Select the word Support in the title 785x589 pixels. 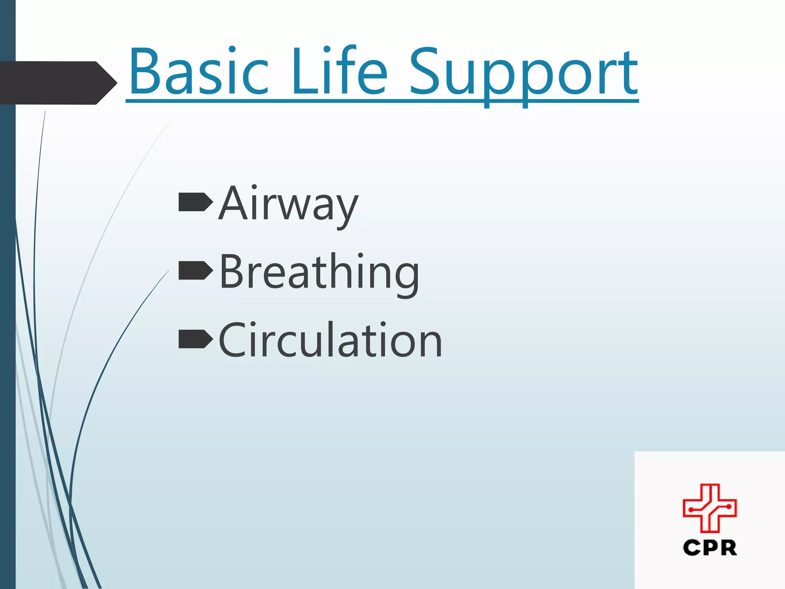coord(523,75)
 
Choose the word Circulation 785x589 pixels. coord(330,341)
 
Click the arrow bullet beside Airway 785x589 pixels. coord(195,202)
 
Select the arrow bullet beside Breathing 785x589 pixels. coord(195,271)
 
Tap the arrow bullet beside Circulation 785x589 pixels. coord(195,339)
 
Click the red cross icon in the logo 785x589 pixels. coord(710,508)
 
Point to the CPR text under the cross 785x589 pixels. coord(710,548)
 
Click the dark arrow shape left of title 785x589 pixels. coord(57,83)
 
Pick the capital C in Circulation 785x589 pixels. coord(234,341)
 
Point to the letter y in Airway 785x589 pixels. coord(347,209)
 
